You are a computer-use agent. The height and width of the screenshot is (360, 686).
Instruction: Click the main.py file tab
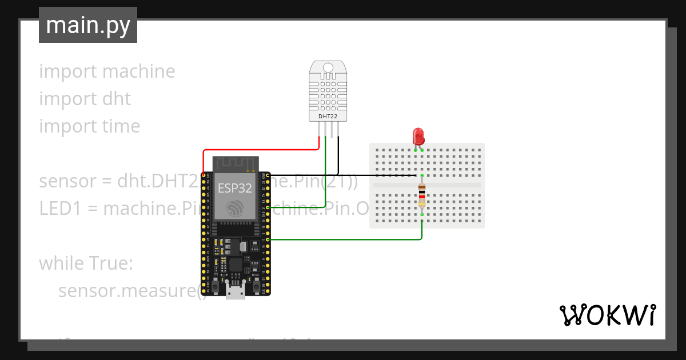(87, 25)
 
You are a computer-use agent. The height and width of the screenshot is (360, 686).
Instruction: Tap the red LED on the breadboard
(418, 137)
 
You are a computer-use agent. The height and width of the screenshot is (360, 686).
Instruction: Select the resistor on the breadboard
(422, 195)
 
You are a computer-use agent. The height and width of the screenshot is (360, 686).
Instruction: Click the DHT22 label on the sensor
(328, 117)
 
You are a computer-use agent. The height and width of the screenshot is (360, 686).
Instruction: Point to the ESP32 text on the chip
(234, 189)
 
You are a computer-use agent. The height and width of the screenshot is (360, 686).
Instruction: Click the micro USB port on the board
(235, 293)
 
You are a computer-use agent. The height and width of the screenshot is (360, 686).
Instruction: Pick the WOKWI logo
(607, 315)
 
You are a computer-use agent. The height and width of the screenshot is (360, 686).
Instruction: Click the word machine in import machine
(139, 71)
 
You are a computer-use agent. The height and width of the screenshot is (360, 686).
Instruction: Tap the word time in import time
(121, 126)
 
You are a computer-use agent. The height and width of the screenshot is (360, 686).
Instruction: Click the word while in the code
(61, 263)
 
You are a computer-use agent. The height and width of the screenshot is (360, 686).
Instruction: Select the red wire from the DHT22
(260, 150)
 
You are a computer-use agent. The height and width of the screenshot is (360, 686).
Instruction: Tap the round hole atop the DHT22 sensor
(328, 67)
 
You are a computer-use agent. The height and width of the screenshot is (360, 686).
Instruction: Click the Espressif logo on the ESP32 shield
(234, 209)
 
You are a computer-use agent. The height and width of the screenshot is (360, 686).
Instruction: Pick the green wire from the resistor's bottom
(343, 240)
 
